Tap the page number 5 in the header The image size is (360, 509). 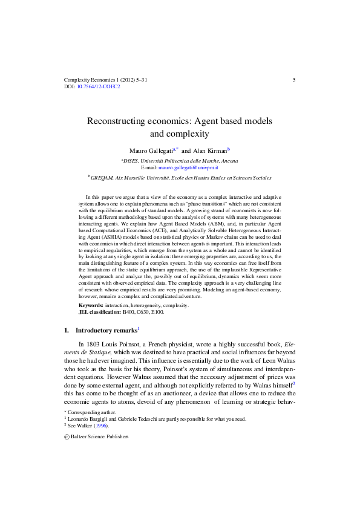tap(293, 79)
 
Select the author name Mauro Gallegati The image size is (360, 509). tap(150, 149)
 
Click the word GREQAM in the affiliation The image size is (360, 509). tap(103, 178)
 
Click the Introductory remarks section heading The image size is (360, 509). tap(106, 331)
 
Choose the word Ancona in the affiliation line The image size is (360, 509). tap(227, 161)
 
